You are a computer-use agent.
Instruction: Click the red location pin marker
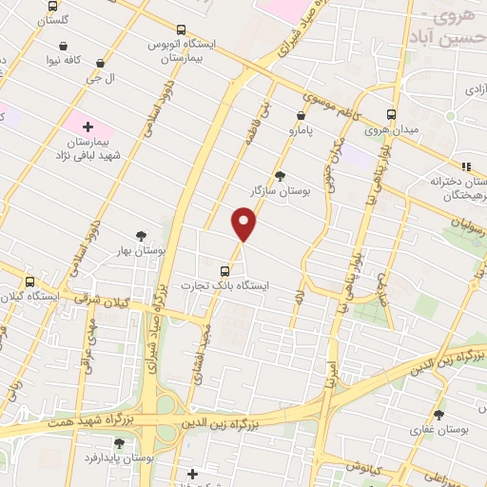(244, 224)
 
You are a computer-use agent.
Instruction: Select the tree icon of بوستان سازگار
(280, 175)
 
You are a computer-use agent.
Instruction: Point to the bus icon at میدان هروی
(391, 114)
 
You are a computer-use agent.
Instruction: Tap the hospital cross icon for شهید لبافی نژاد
(88, 126)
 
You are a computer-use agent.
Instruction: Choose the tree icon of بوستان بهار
(142, 235)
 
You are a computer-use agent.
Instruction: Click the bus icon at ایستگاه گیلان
(30, 282)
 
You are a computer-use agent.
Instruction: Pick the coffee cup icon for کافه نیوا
(63, 46)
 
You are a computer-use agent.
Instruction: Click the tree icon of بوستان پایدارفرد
(119, 442)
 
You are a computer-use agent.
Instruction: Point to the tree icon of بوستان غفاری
(438, 415)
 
